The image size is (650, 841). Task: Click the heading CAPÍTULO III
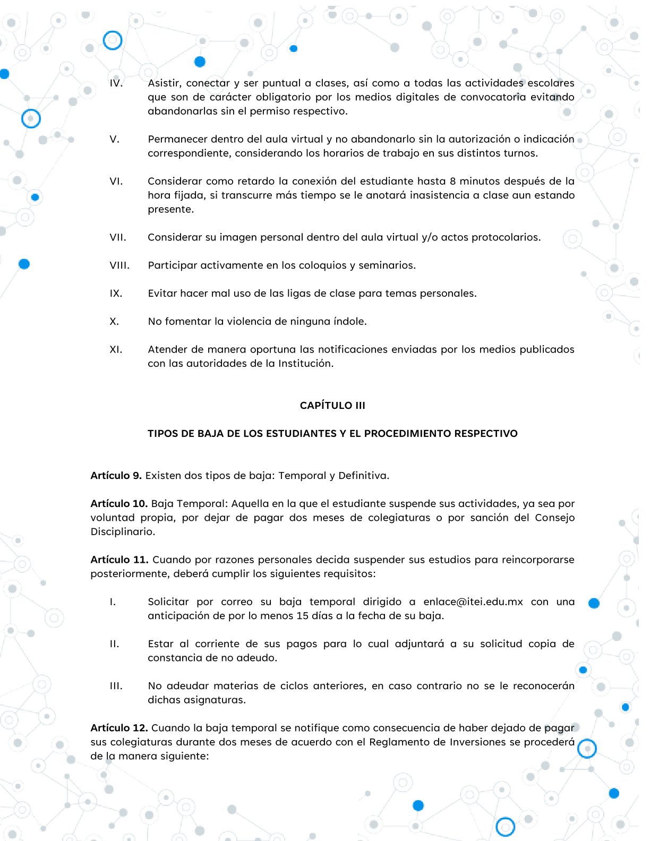pyautogui.click(x=332, y=406)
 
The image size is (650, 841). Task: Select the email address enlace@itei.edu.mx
pyautogui.click(x=473, y=602)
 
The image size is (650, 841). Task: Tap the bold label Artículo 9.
pyautogui.click(x=116, y=476)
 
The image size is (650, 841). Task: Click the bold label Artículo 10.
pyautogui.click(x=119, y=504)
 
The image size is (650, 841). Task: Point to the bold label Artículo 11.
pyautogui.click(x=119, y=560)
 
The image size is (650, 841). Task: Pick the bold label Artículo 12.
pyautogui.click(x=119, y=728)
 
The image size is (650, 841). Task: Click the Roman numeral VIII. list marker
pyautogui.click(x=119, y=265)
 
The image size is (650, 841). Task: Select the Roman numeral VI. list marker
pyautogui.click(x=116, y=182)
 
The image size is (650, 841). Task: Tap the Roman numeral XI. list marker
pyautogui.click(x=116, y=350)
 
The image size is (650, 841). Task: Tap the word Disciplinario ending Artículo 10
pyautogui.click(x=123, y=532)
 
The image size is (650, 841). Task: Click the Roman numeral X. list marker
pyautogui.click(x=114, y=322)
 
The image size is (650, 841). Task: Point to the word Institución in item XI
pyautogui.click(x=306, y=364)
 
